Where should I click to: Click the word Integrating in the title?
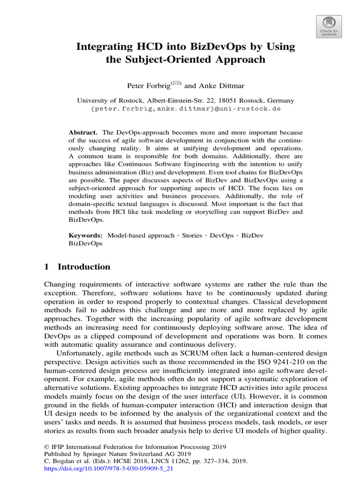(x=100, y=47)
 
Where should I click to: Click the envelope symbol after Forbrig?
(x=176, y=83)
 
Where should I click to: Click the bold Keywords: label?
(x=86, y=235)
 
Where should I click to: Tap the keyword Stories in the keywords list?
(x=192, y=235)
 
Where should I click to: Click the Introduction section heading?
(x=83, y=267)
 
